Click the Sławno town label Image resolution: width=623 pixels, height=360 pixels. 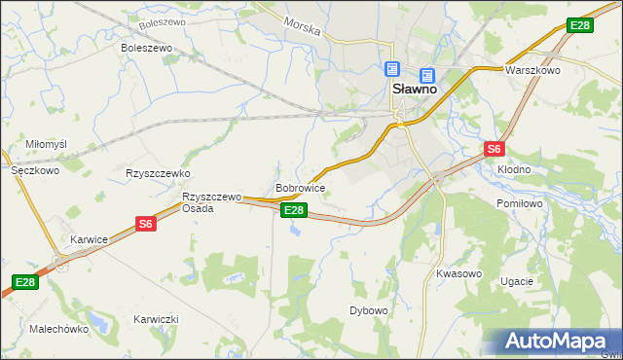[x=414, y=88]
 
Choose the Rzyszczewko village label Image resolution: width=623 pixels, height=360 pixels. [x=157, y=173]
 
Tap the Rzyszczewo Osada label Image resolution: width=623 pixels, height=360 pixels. [x=211, y=202]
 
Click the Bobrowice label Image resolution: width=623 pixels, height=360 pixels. [x=300, y=187]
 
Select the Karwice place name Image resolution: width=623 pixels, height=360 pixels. [x=89, y=239]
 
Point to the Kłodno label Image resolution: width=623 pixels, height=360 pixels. [x=513, y=169]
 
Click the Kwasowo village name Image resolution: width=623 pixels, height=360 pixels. [x=459, y=273]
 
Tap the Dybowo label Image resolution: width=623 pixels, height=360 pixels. [x=369, y=311]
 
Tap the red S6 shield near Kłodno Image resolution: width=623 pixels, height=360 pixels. [x=495, y=149]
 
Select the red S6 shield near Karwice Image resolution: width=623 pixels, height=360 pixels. [x=145, y=224]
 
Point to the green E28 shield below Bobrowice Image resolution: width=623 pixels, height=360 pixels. [x=294, y=210]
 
